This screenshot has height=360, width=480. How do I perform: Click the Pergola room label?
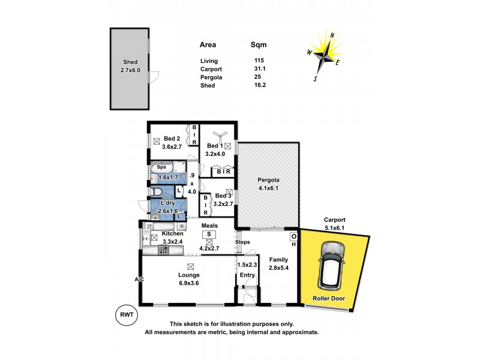pyautogui.click(x=269, y=179)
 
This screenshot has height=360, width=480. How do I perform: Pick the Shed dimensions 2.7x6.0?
pyautogui.click(x=131, y=70)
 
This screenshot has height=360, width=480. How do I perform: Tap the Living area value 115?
pyautogui.click(x=260, y=61)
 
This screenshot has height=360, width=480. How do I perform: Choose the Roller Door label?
pyautogui.click(x=331, y=298)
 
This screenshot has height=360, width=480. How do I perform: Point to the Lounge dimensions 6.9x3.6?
pyautogui.click(x=188, y=284)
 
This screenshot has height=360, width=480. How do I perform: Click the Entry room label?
pyautogui.click(x=247, y=275)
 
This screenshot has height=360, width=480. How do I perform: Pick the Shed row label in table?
pyautogui.click(x=207, y=86)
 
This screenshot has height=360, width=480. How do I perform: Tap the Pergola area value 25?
pyautogui.click(x=257, y=78)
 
